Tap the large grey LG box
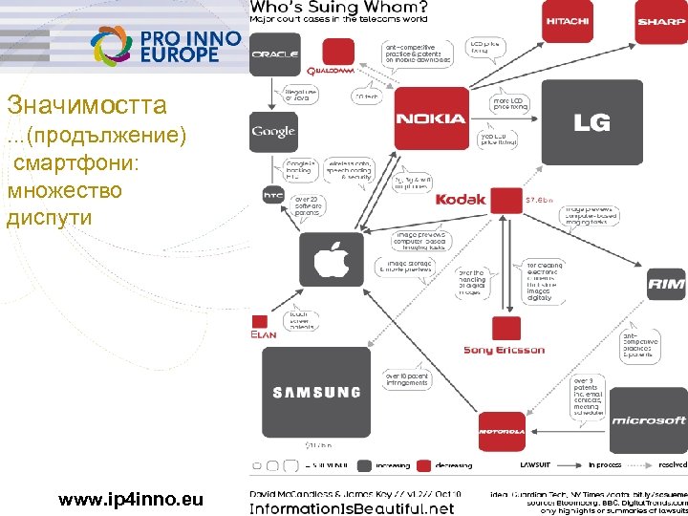[x=591, y=122]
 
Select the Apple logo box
[x=331, y=259]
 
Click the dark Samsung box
[x=315, y=392]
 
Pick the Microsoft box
[x=649, y=419]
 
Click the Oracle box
[x=274, y=54]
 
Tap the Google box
[x=273, y=132]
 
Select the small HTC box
[x=273, y=195]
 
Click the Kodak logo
[x=461, y=200]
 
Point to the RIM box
[x=666, y=284]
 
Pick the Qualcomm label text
[x=331, y=70]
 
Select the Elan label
[x=264, y=334]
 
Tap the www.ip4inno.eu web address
[x=131, y=498]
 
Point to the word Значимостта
[x=73, y=104]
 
